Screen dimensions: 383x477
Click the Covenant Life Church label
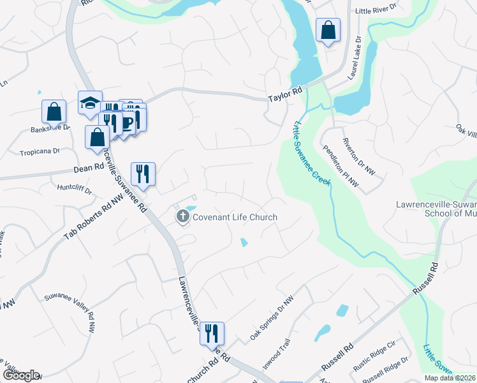[235, 217]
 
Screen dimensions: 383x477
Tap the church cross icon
[182, 217]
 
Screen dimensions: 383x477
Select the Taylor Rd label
[284, 96]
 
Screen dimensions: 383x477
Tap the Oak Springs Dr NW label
[272, 317]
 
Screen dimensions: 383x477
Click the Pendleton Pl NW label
[341, 165]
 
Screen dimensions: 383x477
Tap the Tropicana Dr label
[40, 152]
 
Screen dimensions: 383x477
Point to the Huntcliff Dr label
[75, 190]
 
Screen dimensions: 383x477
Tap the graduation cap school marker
[90, 102]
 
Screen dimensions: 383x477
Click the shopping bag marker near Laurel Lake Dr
[328, 29]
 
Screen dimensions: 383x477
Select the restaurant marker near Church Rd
[212, 333]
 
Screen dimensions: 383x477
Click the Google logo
[21, 375]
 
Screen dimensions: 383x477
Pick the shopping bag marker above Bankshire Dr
[54, 112]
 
